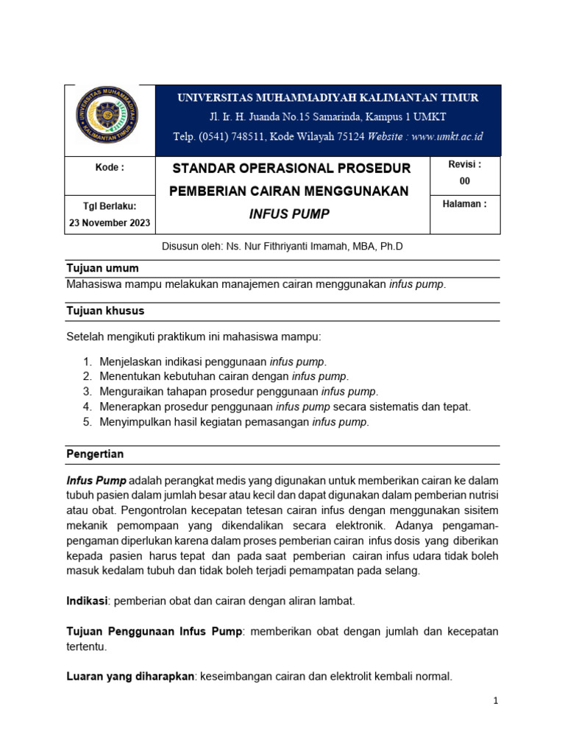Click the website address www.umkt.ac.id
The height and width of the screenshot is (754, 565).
click(447, 136)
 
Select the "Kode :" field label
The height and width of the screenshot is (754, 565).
click(110, 167)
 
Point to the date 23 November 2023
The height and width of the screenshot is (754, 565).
click(110, 222)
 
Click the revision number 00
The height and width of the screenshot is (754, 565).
click(464, 180)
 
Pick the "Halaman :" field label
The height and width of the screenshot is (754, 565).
click(464, 204)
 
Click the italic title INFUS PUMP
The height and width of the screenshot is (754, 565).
click(288, 214)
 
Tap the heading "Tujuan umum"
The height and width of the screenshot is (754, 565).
click(102, 268)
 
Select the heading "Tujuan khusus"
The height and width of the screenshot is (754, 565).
click(105, 311)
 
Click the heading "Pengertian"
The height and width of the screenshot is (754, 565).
click(95, 454)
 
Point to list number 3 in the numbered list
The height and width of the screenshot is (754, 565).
click(87, 391)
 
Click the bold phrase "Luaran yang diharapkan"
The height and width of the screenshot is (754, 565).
click(129, 677)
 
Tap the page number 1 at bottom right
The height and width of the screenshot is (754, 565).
click(497, 701)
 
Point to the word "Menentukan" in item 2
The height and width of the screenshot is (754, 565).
click(130, 376)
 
